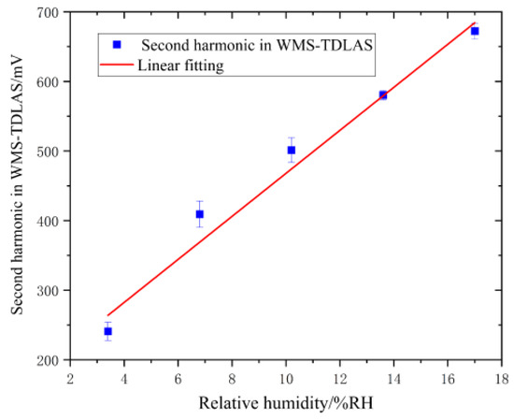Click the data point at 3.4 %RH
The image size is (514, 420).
tap(107, 331)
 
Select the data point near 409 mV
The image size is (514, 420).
tap(199, 214)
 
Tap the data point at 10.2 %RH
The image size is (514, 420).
tap(291, 150)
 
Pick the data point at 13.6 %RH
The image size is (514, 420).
tap(383, 94)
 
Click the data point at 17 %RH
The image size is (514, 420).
tap(475, 31)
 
